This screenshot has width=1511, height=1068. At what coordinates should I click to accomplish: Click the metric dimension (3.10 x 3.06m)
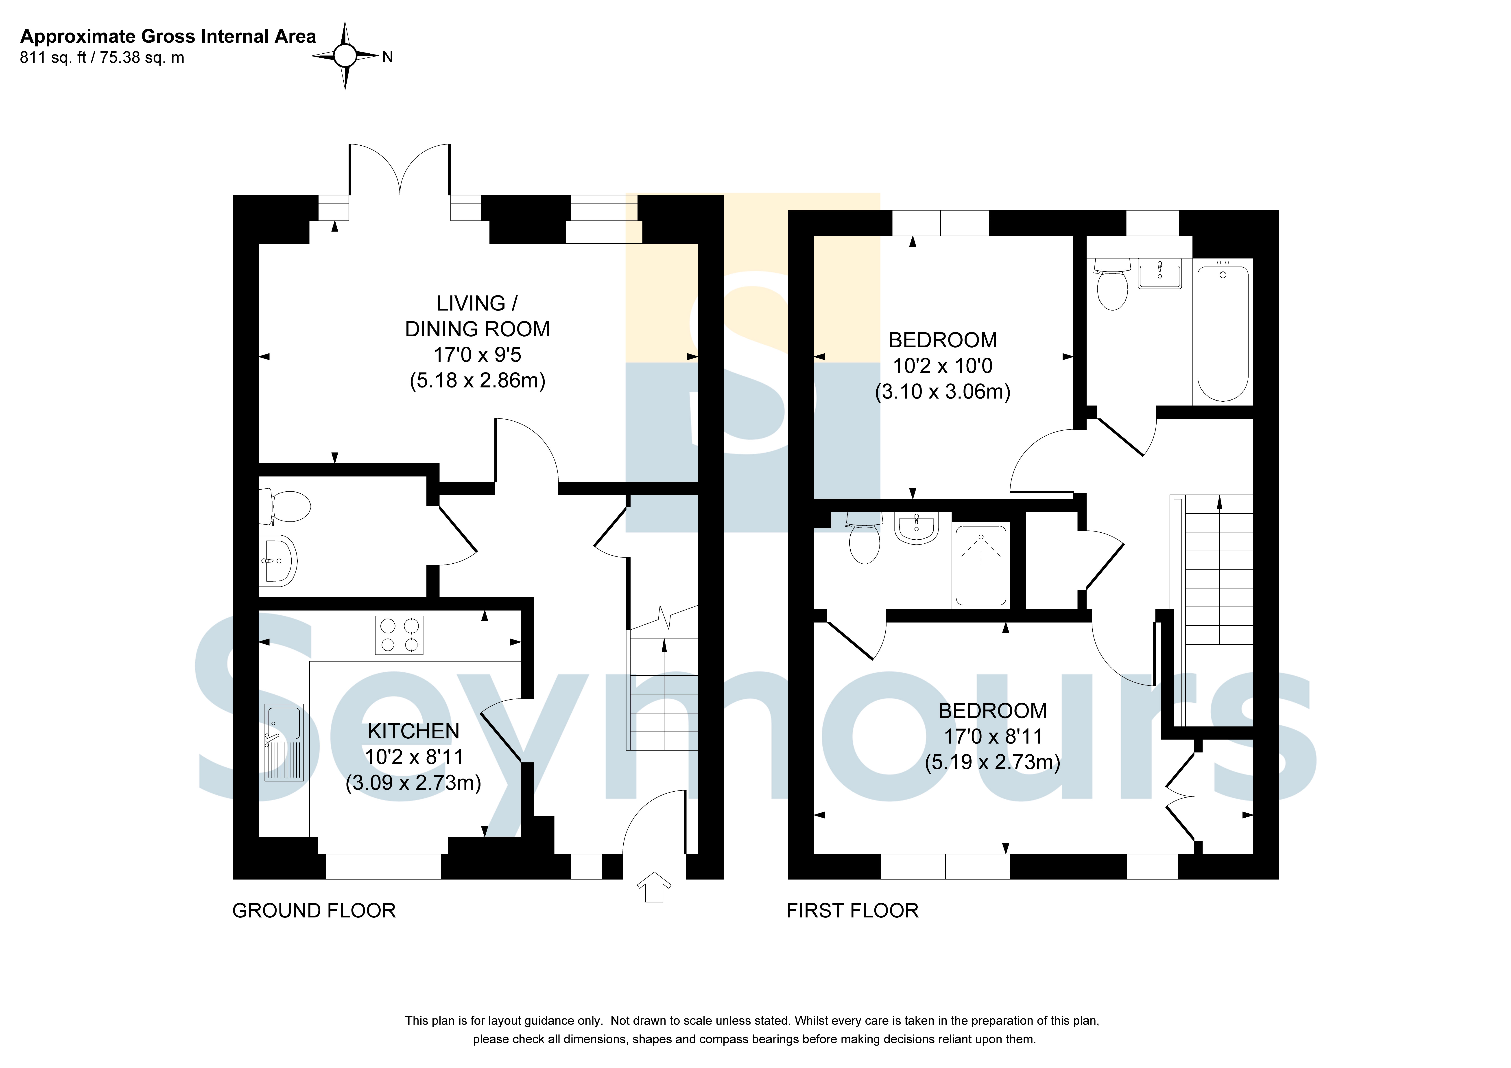point(942,392)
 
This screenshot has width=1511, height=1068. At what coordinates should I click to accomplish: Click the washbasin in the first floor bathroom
point(1159,273)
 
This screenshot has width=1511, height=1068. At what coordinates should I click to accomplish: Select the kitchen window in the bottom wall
point(383,867)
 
